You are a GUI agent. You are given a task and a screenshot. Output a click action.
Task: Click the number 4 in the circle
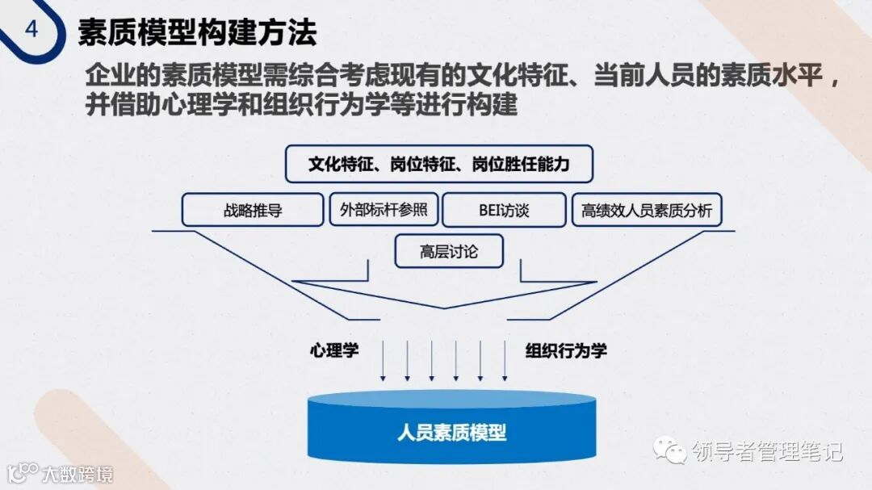(x=31, y=30)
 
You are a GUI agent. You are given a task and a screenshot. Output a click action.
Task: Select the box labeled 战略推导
(x=253, y=211)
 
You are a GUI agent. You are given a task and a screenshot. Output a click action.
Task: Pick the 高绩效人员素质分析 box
(x=647, y=211)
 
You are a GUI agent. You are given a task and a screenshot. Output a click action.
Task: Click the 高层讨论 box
(x=449, y=252)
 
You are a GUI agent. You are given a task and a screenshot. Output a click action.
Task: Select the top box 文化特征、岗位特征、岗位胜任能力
(x=439, y=165)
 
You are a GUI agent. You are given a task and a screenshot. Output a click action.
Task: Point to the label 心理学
(x=334, y=350)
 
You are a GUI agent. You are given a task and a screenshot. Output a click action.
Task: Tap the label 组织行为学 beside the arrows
(x=566, y=350)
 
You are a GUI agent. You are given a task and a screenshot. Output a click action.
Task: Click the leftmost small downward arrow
(x=383, y=360)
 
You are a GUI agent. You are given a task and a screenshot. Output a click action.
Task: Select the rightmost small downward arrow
(x=505, y=360)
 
